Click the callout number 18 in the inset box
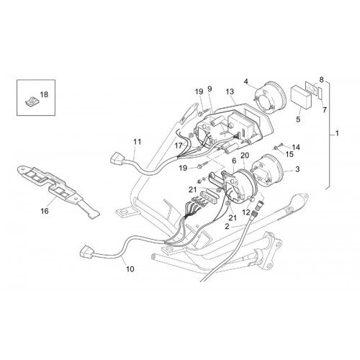click(44, 94)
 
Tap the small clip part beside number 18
click(31, 102)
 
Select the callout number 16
click(45, 211)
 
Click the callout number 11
click(138, 142)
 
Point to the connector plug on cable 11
click(117, 158)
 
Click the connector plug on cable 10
click(86, 253)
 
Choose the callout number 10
click(130, 269)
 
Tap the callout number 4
click(246, 81)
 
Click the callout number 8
click(321, 80)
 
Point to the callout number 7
click(325, 110)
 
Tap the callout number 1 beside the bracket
click(337, 133)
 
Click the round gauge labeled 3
click(266, 170)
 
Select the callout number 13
click(230, 91)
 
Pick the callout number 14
click(296, 147)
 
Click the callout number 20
click(245, 156)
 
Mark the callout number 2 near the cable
click(227, 226)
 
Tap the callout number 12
click(246, 212)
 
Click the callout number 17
click(179, 145)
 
